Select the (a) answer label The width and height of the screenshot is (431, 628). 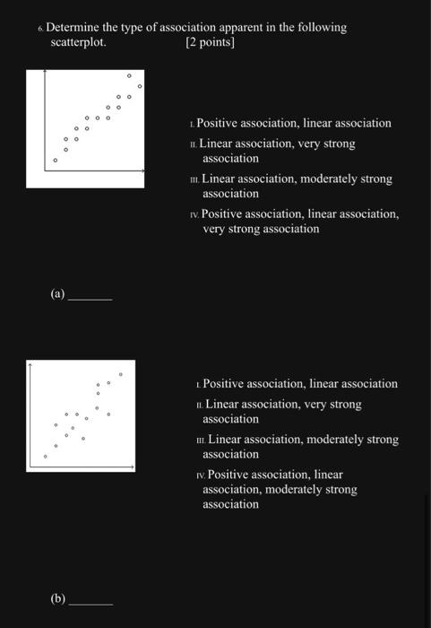[58, 293]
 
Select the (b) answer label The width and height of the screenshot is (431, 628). [58, 597]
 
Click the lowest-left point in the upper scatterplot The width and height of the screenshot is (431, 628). [55, 161]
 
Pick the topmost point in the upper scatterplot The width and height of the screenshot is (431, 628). [129, 75]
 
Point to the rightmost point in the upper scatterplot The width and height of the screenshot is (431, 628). [139, 86]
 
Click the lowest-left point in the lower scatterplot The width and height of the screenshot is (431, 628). [45, 457]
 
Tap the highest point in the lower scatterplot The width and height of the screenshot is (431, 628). [121, 373]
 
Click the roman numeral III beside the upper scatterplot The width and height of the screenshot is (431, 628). [194, 179]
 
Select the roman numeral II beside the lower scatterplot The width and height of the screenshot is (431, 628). [198, 406]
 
